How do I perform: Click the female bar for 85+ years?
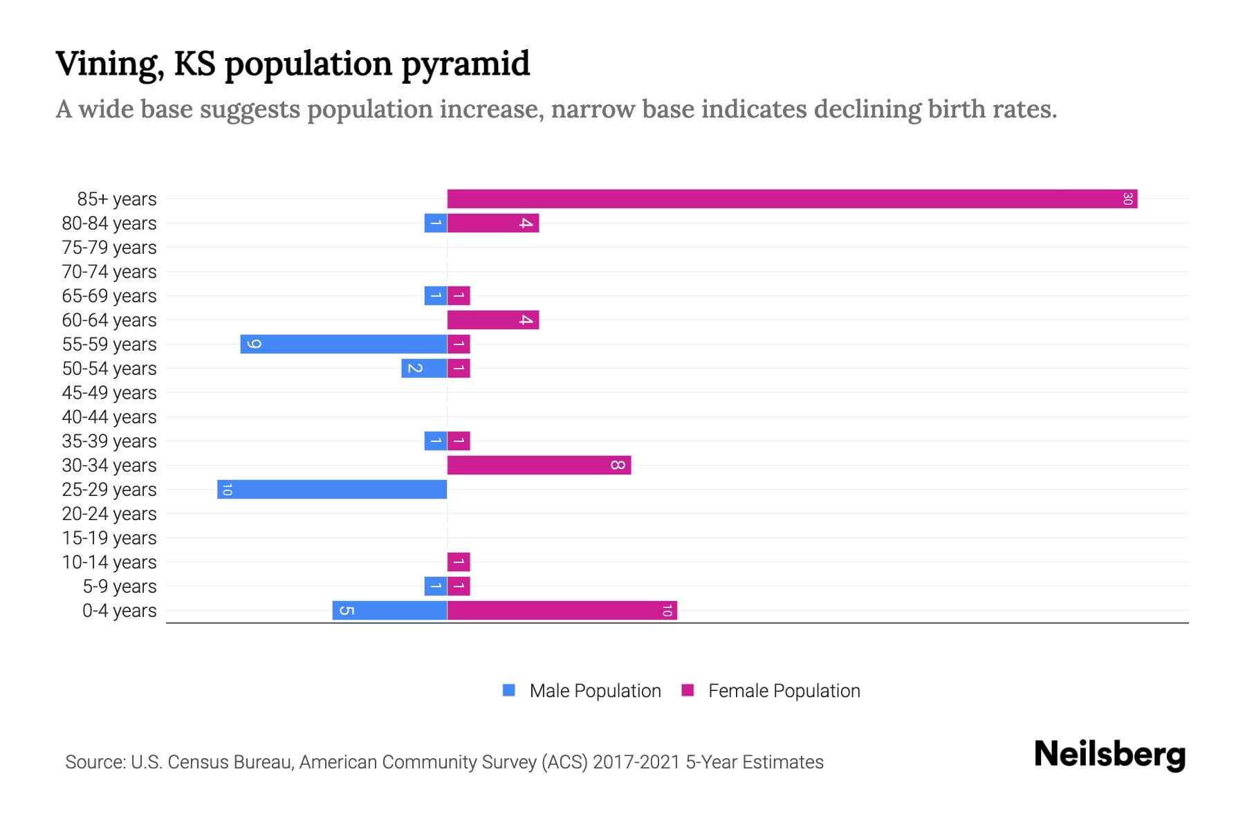792,199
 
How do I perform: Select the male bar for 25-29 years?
332,490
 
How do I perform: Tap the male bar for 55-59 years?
344,344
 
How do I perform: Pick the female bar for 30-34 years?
539,465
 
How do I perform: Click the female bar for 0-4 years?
562,611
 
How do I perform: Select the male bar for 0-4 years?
389,611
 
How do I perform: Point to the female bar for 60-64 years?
492,320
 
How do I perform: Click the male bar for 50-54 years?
424,369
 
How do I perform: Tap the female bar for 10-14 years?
459,562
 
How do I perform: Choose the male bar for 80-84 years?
436,223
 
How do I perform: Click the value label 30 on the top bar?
1127,199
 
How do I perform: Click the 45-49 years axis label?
109,393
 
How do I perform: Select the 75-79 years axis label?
109,248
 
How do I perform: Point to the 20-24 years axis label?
109,514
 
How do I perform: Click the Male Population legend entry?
595,691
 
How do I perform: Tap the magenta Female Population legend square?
688,690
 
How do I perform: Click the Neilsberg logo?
1109,755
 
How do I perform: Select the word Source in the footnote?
95,762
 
